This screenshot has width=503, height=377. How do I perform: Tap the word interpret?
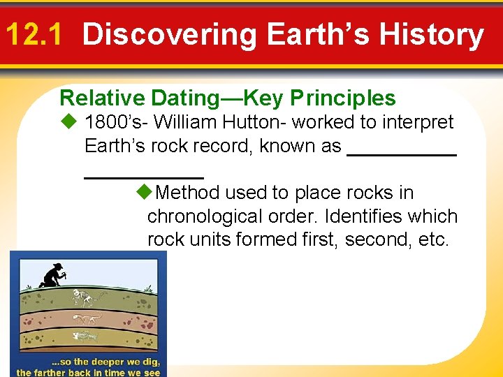point(416,122)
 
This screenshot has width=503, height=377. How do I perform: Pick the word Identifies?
point(351,216)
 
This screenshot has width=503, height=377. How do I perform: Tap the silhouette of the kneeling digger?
point(52,275)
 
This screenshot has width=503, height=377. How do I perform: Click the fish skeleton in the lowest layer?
point(85,336)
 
